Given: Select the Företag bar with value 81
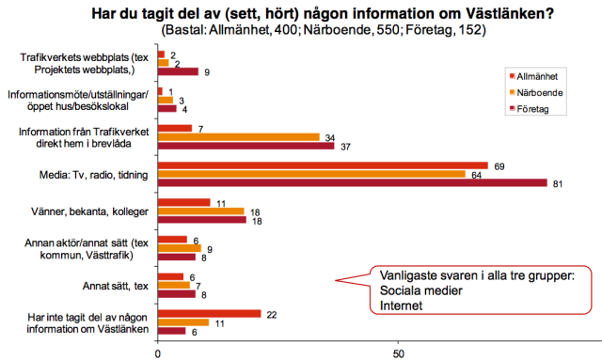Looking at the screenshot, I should [352, 182].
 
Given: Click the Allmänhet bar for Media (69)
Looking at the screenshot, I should [323, 164].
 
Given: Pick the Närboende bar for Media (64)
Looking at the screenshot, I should [311, 174].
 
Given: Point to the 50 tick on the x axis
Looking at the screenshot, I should [399, 353].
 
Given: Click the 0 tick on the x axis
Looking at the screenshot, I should [157, 353].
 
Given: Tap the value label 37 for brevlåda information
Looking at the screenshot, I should [345, 146].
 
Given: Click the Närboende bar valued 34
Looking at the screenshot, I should [239, 137].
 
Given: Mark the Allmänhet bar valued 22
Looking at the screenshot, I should [210, 313].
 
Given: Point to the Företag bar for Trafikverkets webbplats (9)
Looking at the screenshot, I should [179, 71].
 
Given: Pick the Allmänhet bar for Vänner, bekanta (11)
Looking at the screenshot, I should [183, 202].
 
